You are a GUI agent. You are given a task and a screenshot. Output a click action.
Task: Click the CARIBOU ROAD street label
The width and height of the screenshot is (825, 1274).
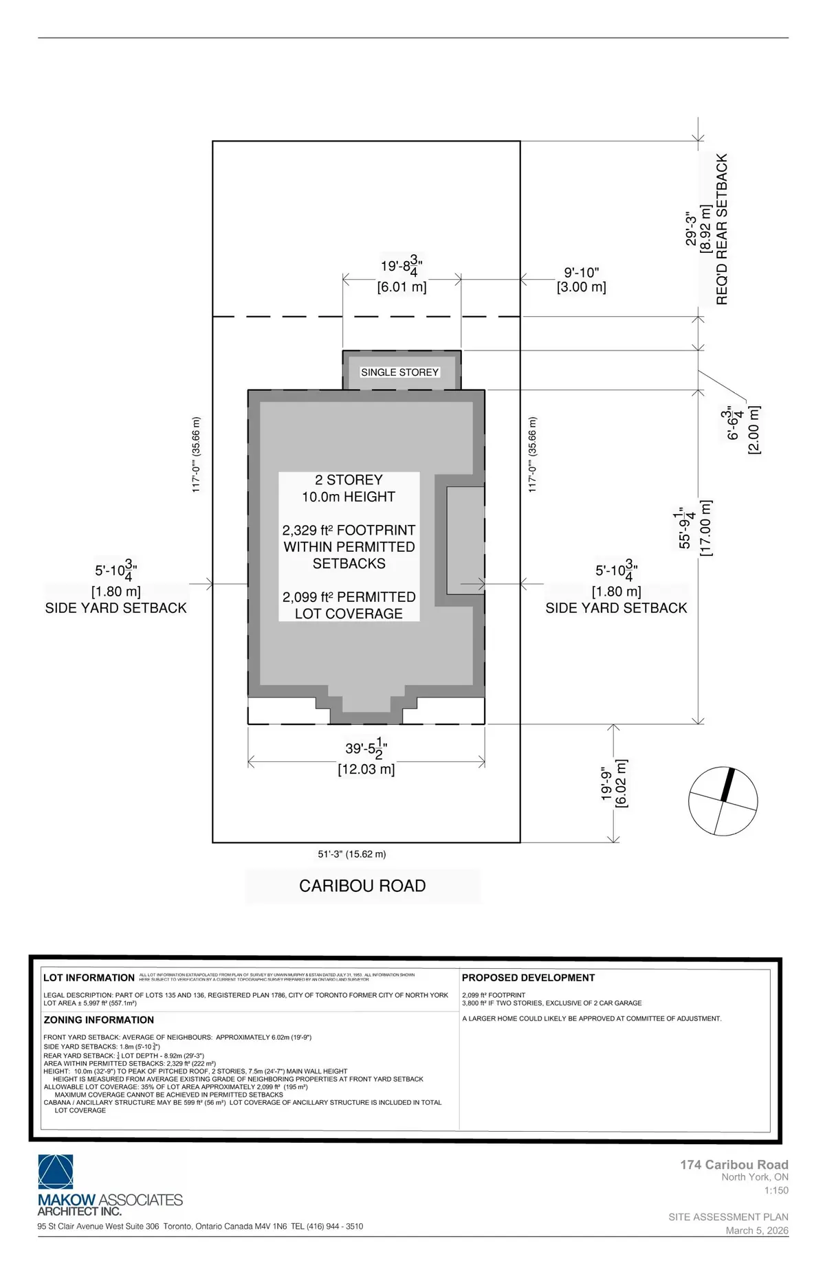click(x=362, y=886)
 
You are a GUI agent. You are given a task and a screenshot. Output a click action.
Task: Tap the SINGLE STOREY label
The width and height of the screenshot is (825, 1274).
click(x=399, y=372)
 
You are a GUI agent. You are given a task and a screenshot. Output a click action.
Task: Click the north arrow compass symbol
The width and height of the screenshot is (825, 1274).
click(x=723, y=801)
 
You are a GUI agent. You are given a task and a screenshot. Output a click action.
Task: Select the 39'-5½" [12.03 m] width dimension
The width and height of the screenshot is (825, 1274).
click(x=366, y=759)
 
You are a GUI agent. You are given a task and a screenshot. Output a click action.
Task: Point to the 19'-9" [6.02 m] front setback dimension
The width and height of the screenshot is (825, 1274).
click(x=615, y=783)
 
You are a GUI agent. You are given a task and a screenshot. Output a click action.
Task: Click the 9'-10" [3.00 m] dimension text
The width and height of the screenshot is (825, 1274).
click(x=582, y=280)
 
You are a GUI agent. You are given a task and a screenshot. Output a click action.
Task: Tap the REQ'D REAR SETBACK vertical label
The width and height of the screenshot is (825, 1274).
click(x=722, y=230)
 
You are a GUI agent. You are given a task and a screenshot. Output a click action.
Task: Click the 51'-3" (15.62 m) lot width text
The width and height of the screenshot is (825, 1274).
click(x=352, y=854)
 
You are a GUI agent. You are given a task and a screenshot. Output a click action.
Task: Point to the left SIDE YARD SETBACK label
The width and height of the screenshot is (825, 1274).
click(x=115, y=608)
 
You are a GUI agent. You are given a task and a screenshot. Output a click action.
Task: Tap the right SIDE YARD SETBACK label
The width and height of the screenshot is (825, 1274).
click(x=616, y=608)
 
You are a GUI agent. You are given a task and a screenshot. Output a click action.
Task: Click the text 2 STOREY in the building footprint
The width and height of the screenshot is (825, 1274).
click(x=349, y=480)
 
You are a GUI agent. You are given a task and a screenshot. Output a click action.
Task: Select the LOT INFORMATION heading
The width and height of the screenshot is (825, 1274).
click(x=89, y=978)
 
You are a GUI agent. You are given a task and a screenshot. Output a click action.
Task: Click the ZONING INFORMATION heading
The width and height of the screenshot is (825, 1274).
click(x=98, y=1020)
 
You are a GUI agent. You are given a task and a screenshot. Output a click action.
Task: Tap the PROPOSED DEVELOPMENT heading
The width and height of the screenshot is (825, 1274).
click(x=528, y=978)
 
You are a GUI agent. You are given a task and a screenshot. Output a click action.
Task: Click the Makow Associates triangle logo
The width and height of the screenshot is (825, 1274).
click(x=56, y=1172)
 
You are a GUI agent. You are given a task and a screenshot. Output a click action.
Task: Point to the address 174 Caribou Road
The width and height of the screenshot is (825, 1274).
click(x=734, y=1165)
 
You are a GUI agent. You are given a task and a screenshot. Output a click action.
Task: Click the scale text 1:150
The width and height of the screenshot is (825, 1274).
click(x=776, y=1190)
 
